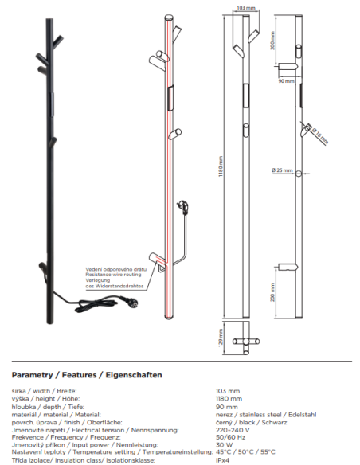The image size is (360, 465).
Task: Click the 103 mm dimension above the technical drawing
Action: coord(248,9)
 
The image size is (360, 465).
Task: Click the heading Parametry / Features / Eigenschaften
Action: coord(88,374)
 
